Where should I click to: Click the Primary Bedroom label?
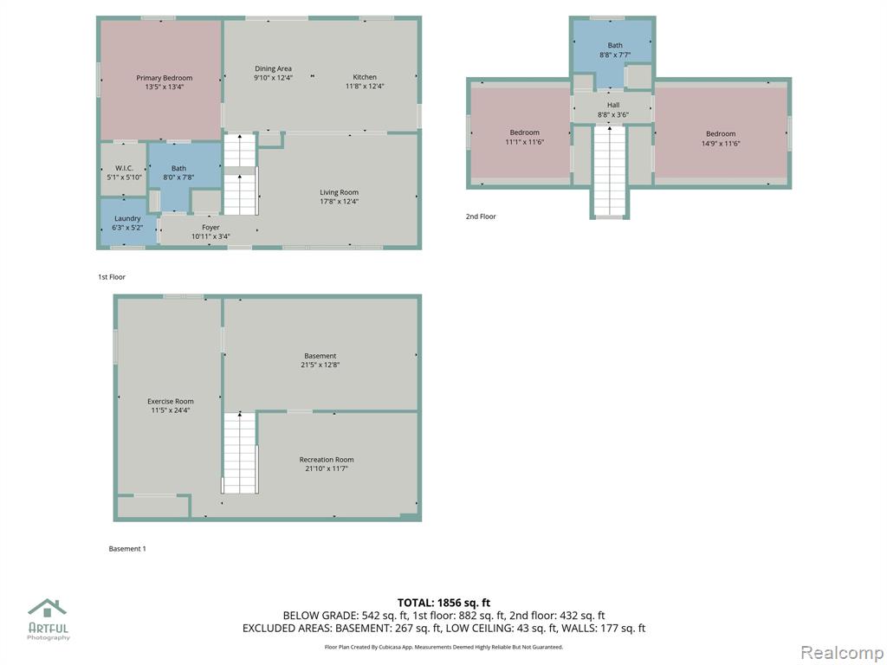click(x=164, y=78)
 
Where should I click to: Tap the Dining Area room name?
click(x=273, y=69)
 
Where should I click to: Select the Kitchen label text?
click(x=365, y=77)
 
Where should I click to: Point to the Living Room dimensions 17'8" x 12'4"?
click(x=339, y=201)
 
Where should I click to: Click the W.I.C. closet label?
click(x=124, y=168)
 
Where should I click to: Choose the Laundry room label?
click(x=127, y=218)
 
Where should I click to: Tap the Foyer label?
click(x=210, y=228)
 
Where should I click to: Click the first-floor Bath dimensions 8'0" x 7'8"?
click(x=178, y=178)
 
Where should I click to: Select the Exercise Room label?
click(x=171, y=402)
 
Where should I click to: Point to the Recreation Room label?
click(x=327, y=460)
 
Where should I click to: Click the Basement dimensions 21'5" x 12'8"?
click(x=320, y=365)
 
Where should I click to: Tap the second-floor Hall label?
click(x=613, y=105)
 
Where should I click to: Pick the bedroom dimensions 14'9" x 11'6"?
click(x=721, y=144)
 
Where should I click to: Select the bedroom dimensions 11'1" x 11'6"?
click(x=524, y=143)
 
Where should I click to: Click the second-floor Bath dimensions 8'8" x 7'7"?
click(x=615, y=55)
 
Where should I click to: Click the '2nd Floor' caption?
click(x=481, y=216)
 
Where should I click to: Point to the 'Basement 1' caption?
click(x=127, y=549)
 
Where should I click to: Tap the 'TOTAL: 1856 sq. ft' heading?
click(x=443, y=603)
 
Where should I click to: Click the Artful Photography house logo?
click(x=49, y=608)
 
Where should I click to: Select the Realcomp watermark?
click(x=842, y=653)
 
